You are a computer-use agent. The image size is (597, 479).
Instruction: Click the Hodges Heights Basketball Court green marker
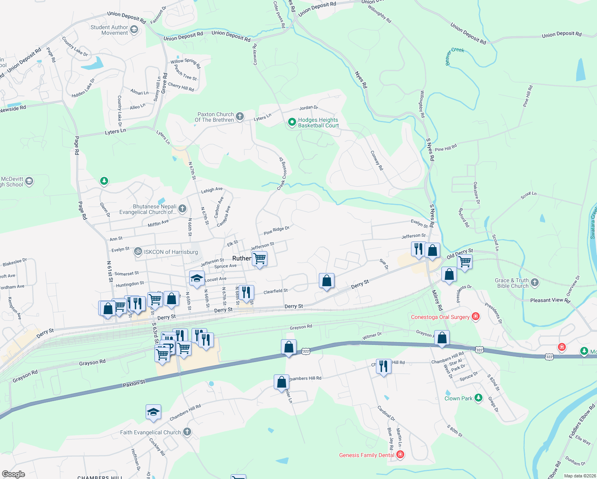[292, 122]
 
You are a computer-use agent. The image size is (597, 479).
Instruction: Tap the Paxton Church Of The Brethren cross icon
[239, 117]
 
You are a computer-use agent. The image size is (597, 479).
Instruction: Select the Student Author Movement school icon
[134, 30]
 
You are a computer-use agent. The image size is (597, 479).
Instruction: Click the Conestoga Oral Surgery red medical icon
[475, 317]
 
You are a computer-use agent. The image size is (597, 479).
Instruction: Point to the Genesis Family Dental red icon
[400, 455]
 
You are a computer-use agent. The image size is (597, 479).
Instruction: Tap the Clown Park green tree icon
[478, 398]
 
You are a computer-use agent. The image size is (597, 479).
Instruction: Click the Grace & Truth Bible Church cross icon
[535, 283]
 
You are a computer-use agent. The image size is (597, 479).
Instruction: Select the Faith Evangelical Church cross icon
[187, 432]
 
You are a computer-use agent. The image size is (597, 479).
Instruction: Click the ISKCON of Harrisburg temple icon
[138, 251]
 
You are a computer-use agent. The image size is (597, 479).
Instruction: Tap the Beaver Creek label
[455, 56]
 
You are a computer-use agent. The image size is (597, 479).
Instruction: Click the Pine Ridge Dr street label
[276, 230]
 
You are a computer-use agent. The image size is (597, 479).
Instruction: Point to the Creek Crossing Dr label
[283, 173]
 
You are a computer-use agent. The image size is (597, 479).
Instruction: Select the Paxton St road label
[134, 384]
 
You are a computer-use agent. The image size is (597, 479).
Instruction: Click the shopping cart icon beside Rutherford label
[260, 259]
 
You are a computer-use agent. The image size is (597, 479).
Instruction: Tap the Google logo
[14, 474]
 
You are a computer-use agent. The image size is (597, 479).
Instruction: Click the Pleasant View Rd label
[550, 301]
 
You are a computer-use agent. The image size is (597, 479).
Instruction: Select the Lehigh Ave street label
[212, 190]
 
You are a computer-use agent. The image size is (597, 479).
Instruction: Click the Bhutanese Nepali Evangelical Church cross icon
[182, 208]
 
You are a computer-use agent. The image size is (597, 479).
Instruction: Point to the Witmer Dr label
[372, 336]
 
